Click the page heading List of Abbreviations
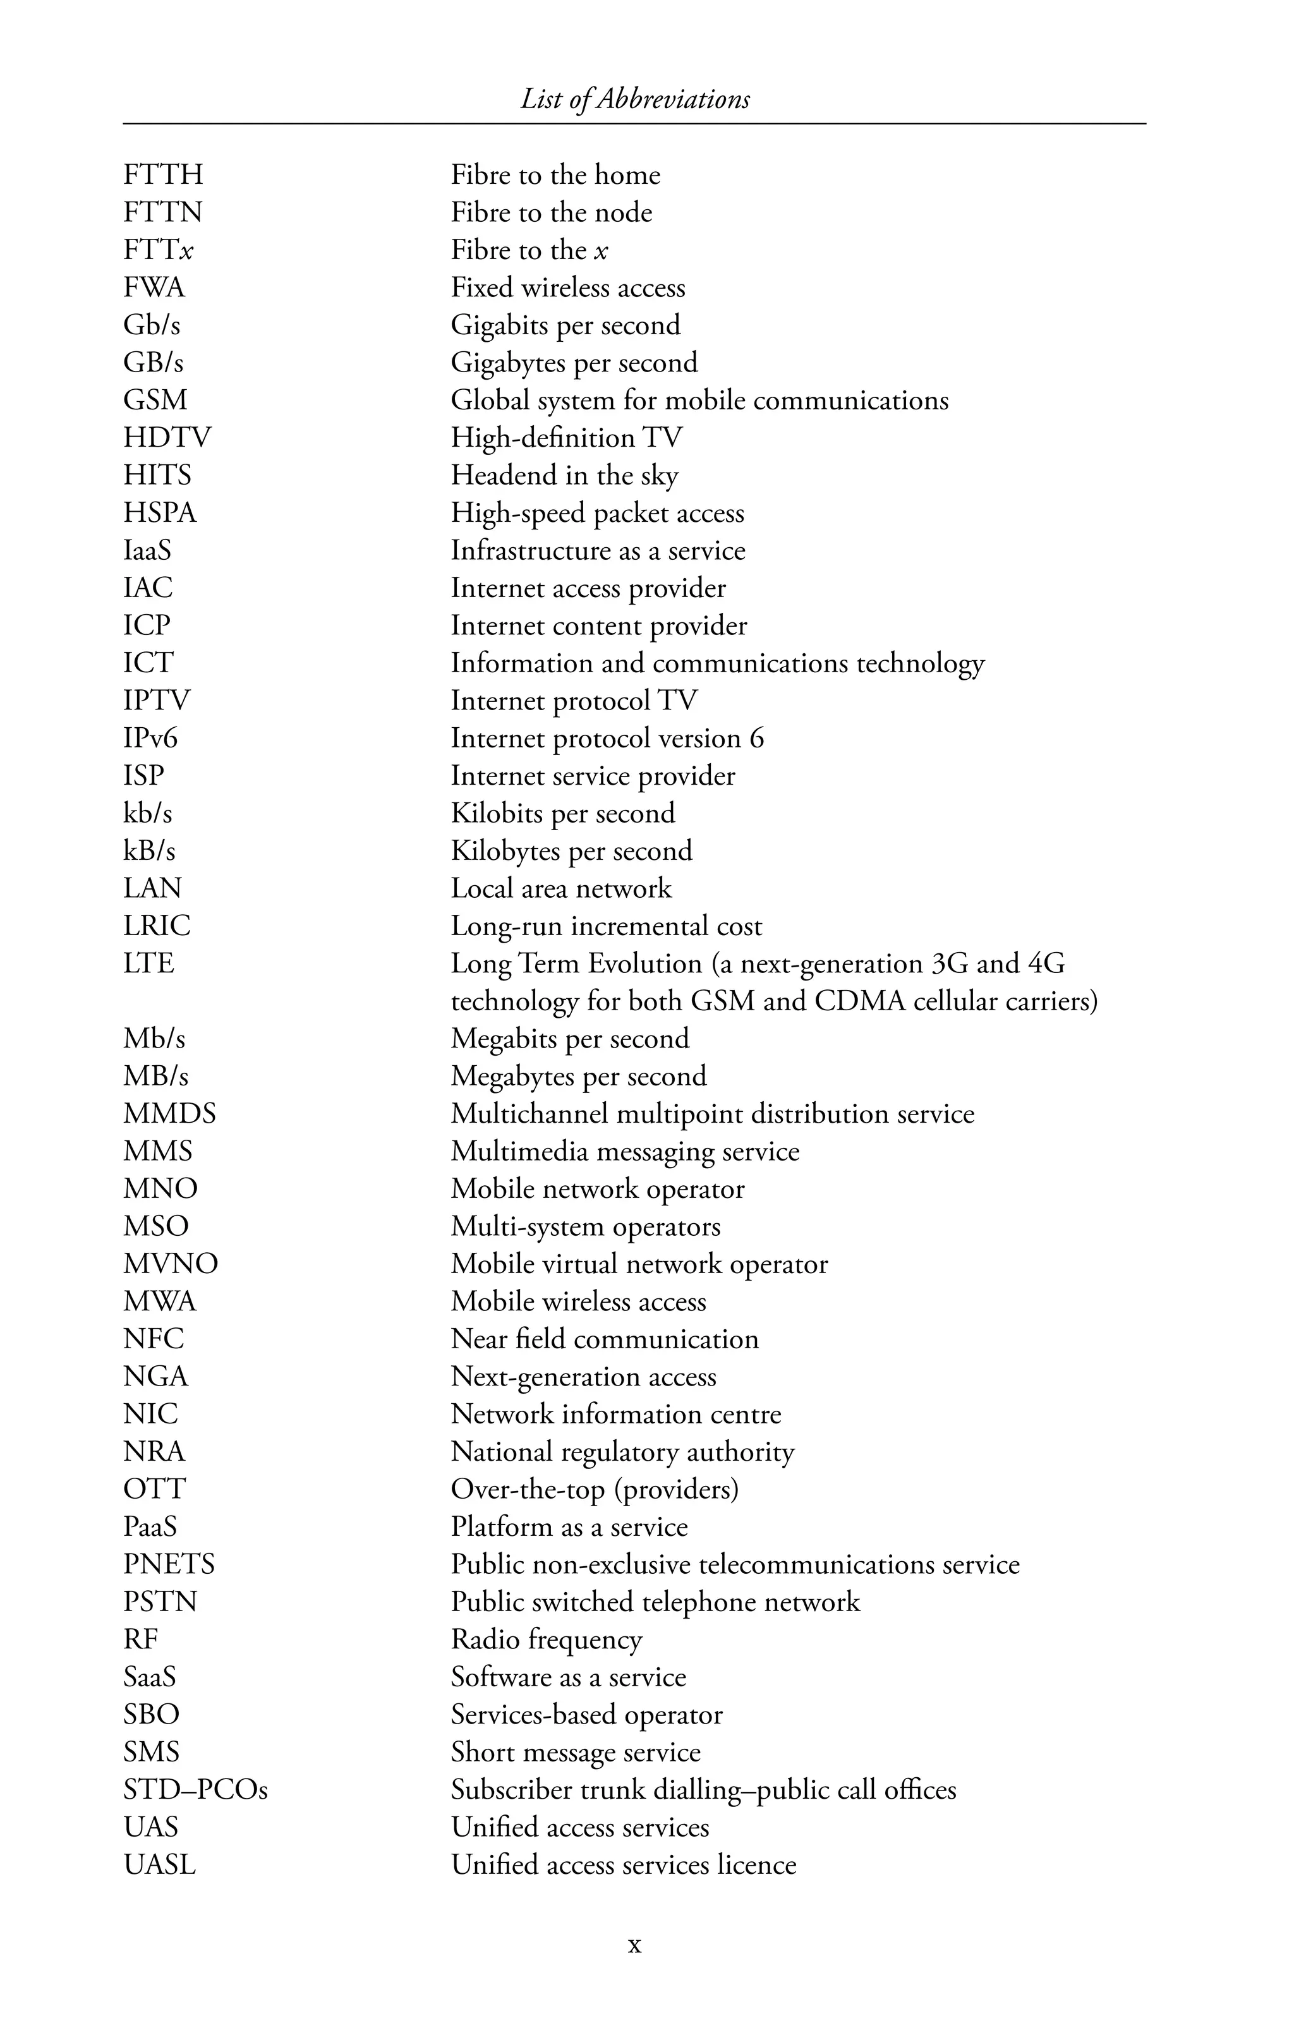click(x=634, y=99)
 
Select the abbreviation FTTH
click(x=163, y=175)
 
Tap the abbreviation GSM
click(x=155, y=400)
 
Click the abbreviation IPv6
click(x=150, y=739)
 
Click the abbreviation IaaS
click(x=147, y=550)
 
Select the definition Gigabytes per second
click(x=574, y=363)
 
